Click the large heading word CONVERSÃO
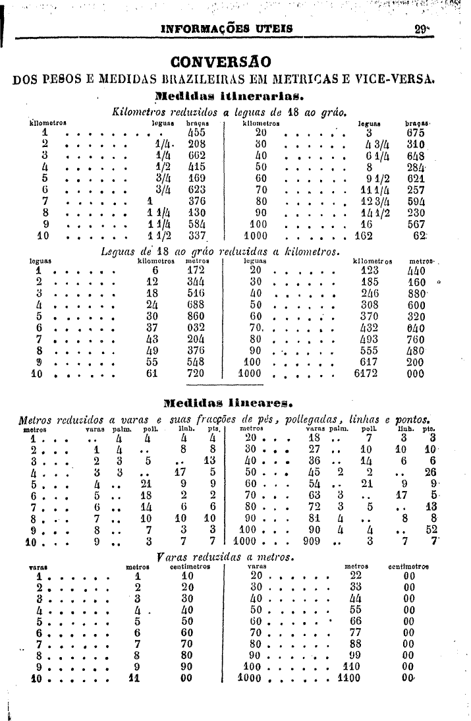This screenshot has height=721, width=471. (x=220, y=63)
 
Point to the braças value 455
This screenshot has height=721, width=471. (x=197, y=131)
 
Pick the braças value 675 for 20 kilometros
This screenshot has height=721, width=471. (x=416, y=131)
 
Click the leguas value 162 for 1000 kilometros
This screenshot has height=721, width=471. (x=364, y=235)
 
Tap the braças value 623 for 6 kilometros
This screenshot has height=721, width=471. (x=197, y=188)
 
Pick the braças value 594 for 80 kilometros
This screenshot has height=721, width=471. (x=416, y=200)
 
